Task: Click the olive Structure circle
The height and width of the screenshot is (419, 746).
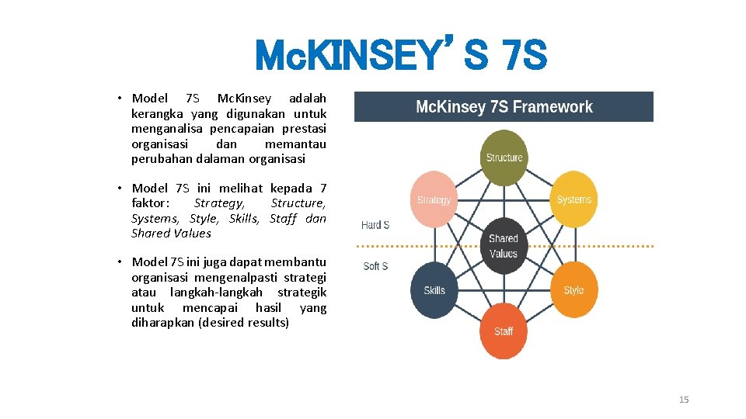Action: click(504, 158)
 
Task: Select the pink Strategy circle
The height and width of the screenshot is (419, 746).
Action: click(434, 200)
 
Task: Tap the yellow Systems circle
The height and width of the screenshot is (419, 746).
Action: click(573, 199)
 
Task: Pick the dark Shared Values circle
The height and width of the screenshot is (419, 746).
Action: click(504, 246)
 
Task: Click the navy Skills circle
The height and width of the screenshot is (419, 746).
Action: click(434, 290)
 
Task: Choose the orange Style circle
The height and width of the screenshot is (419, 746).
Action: click(573, 290)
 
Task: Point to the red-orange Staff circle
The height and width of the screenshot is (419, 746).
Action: click(504, 331)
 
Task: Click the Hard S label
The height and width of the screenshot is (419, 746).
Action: click(375, 225)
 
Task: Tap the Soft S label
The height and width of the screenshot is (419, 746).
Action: click(375, 266)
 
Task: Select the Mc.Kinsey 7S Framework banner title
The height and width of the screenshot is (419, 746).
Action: click(504, 107)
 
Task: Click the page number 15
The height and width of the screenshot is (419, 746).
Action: click(684, 400)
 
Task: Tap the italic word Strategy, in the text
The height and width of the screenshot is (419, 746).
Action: click(219, 203)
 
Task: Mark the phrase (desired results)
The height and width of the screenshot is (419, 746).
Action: click(243, 322)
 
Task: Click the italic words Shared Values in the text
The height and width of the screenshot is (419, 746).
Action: click(171, 233)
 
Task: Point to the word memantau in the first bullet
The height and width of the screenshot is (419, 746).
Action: click(295, 144)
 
